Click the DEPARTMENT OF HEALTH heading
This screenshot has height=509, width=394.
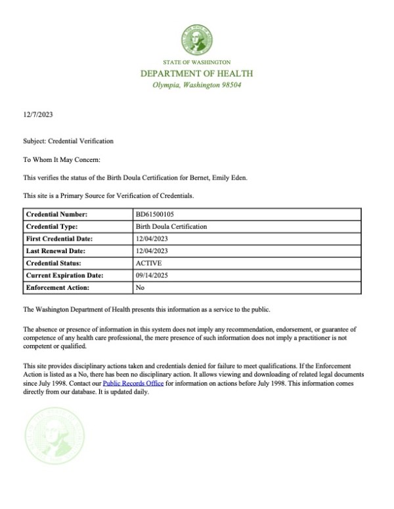click(197, 73)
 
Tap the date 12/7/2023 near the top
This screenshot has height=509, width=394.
click(37, 115)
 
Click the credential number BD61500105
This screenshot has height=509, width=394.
click(154, 214)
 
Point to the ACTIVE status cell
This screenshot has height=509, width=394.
click(148, 263)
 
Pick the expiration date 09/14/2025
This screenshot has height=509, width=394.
click(152, 275)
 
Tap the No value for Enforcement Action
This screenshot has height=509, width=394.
click(140, 288)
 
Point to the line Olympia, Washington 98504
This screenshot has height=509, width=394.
click(197, 86)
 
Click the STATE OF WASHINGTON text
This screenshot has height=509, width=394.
click(197, 62)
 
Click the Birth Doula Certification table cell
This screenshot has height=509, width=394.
click(171, 226)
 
